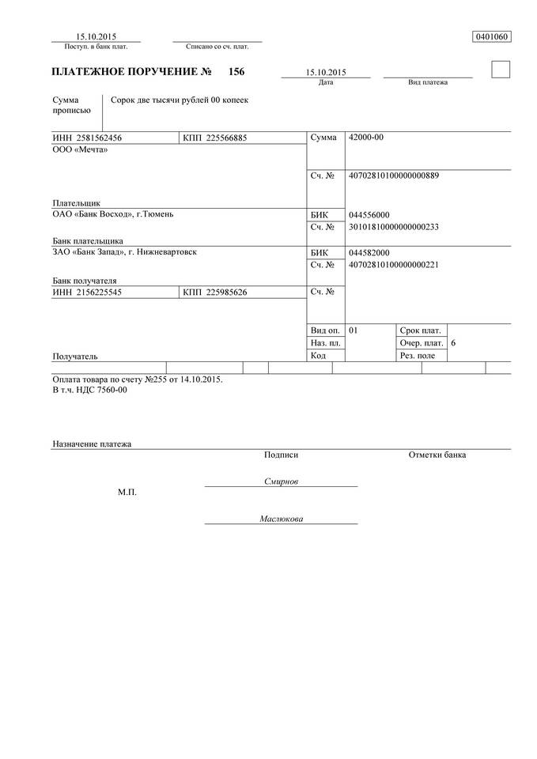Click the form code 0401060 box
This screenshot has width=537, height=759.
pyautogui.click(x=491, y=36)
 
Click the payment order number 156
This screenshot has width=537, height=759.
pyautogui.click(x=236, y=72)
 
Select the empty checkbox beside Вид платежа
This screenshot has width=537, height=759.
pyautogui.click(x=501, y=70)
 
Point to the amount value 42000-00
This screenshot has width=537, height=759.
pyautogui.click(x=366, y=138)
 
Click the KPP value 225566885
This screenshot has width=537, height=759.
pyautogui.click(x=225, y=138)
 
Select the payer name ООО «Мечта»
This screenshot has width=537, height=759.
pyautogui.click(x=79, y=150)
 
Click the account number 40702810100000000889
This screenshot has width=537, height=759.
pyautogui.click(x=393, y=176)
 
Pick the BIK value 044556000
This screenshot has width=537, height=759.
pyautogui.click(x=369, y=215)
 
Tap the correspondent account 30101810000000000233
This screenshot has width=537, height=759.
pyautogui.click(x=393, y=227)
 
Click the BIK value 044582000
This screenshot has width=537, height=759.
pyautogui.click(x=369, y=252)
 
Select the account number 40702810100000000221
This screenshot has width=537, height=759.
pyautogui.click(x=393, y=265)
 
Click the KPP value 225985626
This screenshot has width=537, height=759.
pyautogui.click(x=225, y=293)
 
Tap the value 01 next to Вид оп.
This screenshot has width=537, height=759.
pyautogui.click(x=354, y=330)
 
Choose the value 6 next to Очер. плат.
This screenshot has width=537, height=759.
pyautogui.click(x=453, y=343)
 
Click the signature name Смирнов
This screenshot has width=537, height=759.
pyautogui.click(x=281, y=481)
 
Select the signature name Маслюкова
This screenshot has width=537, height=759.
pyautogui.click(x=281, y=519)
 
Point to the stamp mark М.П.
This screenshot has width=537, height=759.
pyautogui.click(x=127, y=493)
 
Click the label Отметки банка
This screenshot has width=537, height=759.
pyautogui.click(x=437, y=455)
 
